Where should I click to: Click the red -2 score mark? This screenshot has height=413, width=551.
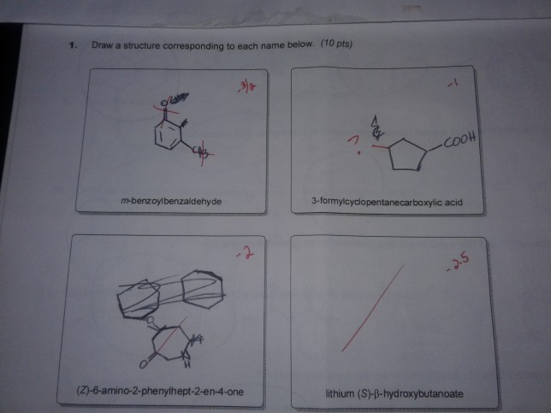pos(245,251)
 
